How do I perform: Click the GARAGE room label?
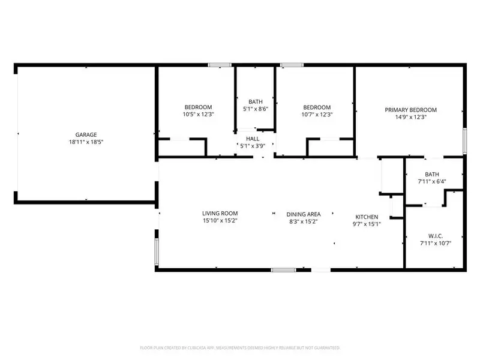click(x=86, y=135)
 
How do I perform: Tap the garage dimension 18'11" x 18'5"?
click(x=86, y=142)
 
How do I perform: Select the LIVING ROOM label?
click(x=220, y=214)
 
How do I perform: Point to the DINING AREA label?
click(x=303, y=214)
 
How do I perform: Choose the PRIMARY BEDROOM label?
click(x=410, y=110)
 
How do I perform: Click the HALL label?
click(x=252, y=138)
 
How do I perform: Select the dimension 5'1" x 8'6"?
click(x=255, y=109)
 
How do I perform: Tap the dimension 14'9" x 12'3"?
click(x=410, y=118)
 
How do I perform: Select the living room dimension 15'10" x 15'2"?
click(x=220, y=221)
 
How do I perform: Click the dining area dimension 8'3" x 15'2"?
click(x=303, y=221)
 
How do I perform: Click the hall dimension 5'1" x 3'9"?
click(x=252, y=145)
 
